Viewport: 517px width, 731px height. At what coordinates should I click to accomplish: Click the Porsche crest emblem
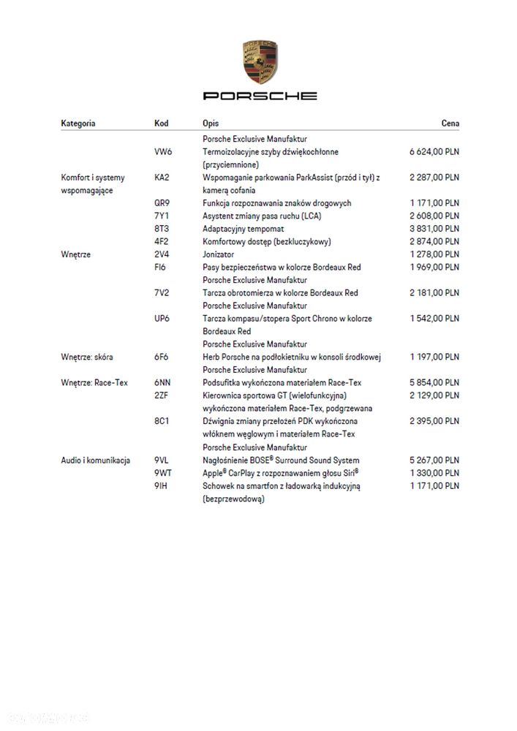[260, 62]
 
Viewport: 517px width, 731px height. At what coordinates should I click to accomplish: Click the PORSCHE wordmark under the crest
[260, 96]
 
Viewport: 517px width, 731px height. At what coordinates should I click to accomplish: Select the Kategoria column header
[78, 124]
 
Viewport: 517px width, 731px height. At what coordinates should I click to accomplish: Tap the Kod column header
[162, 124]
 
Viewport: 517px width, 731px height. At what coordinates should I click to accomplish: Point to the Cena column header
[450, 124]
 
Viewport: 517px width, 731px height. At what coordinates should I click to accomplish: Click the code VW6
[163, 151]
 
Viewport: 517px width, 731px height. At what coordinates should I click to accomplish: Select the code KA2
[162, 177]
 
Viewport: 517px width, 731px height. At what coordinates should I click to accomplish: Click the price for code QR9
[434, 202]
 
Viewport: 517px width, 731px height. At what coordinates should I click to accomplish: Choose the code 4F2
[162, 241]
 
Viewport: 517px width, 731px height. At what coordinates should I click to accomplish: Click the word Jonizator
[219, 254]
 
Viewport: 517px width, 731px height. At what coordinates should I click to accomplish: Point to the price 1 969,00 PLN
[434, 267]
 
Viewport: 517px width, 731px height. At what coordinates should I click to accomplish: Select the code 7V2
[162, 292]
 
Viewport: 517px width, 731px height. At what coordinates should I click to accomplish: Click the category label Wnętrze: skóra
[87, 357]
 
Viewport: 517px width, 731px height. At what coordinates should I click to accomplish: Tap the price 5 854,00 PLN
[434, 382]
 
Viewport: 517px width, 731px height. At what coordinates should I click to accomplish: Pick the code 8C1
[162, 421]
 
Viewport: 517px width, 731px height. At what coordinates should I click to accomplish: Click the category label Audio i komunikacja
[96, 461]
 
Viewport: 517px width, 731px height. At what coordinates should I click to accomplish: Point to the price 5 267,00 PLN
[434, 461]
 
